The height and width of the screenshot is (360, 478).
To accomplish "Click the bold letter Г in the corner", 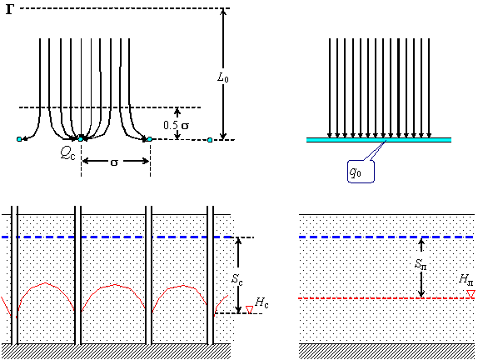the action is tap(9, 9).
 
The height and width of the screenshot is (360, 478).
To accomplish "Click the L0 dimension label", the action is tap(223, 77).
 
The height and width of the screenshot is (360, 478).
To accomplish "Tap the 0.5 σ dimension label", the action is tap(176, 125).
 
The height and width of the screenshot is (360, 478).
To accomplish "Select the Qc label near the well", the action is tap(67, 154).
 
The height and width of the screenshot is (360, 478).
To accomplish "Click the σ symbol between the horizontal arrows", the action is tap(114, 162).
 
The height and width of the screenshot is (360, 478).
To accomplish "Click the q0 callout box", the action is tap(361, 172).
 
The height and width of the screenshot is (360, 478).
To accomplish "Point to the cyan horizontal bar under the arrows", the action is tap(379, 140).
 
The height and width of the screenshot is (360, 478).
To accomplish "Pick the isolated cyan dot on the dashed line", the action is tap(210, 140).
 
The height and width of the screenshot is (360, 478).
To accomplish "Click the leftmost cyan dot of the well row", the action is tap(19, 139).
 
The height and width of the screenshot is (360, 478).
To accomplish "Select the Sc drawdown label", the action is tap(237, 279).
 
